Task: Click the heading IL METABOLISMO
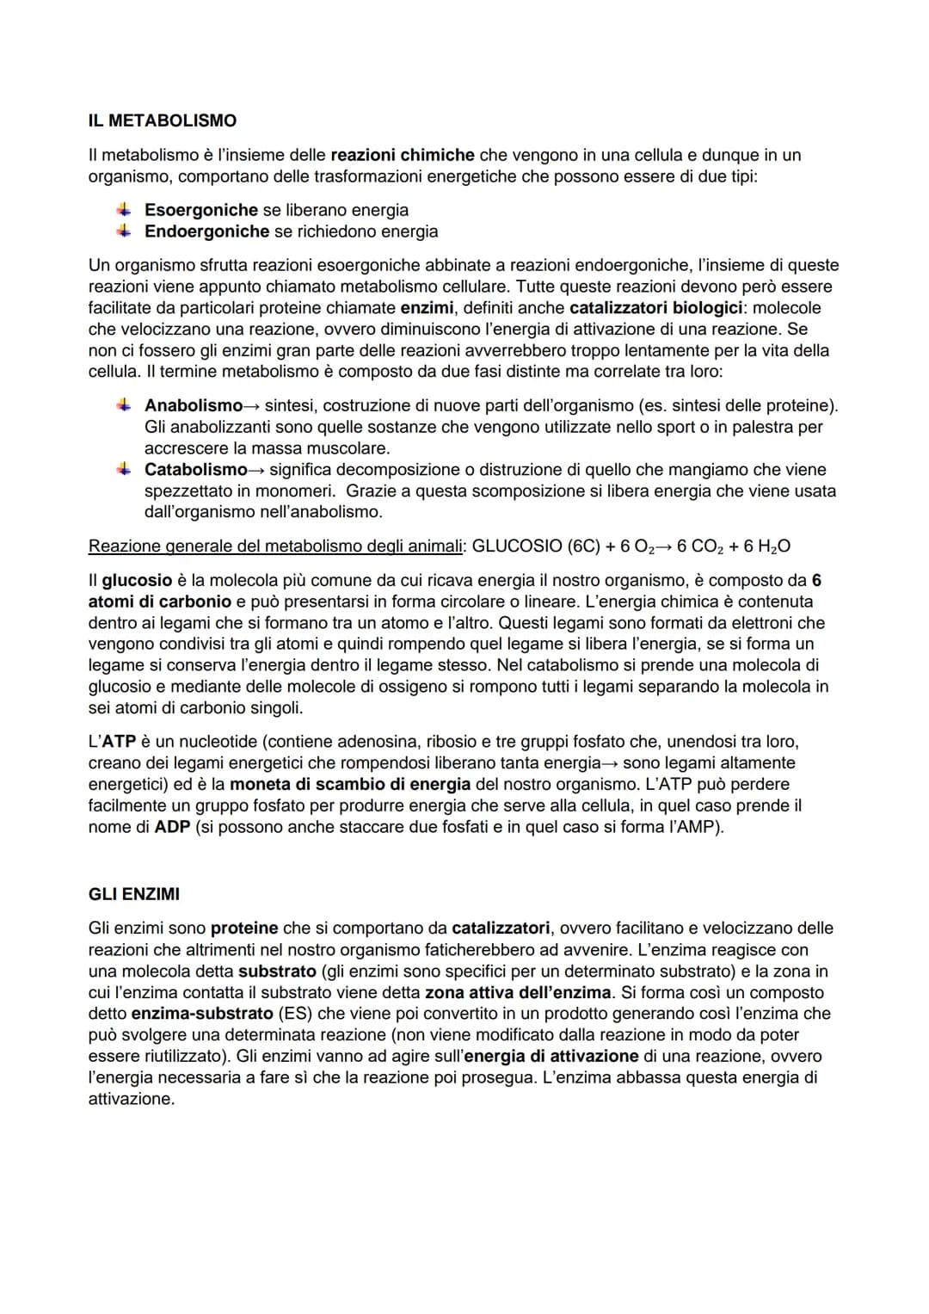162,120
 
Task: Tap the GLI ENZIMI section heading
134,894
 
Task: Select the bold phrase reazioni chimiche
403,155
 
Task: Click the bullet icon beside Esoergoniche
125,209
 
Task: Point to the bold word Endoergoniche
206,231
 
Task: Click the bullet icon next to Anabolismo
125,404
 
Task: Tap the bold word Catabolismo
195,470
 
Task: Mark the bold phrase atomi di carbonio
160,601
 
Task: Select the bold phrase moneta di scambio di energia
350,784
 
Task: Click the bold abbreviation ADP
172,827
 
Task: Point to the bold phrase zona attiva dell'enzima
518,992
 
